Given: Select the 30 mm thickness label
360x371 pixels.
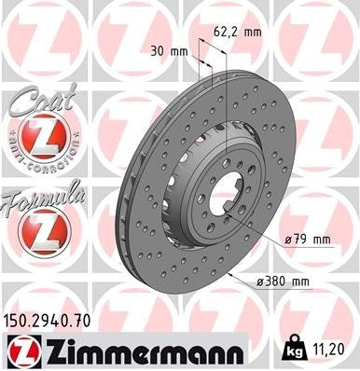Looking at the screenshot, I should pos(169,50).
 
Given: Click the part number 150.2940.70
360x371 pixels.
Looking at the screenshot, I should pos(55,321).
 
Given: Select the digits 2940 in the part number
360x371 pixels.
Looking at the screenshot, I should pos(55,321).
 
